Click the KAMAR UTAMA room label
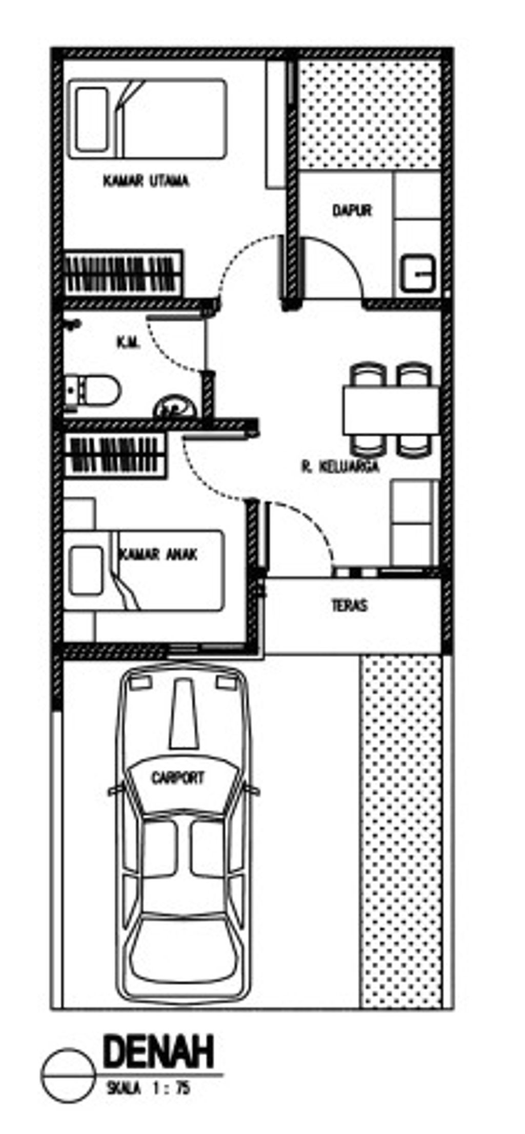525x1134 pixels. [x=146, y=181]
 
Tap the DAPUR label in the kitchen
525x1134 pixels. [x=352, y=210]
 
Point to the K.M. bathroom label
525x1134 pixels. [x=129, y=343]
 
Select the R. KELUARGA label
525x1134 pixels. [x=340, y=466]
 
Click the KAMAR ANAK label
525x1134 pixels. [x=158, y=554]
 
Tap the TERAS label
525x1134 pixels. [x=350, y=606]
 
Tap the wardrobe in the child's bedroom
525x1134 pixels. [x=115, y=456]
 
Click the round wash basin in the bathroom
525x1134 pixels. [x=175, y=407]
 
